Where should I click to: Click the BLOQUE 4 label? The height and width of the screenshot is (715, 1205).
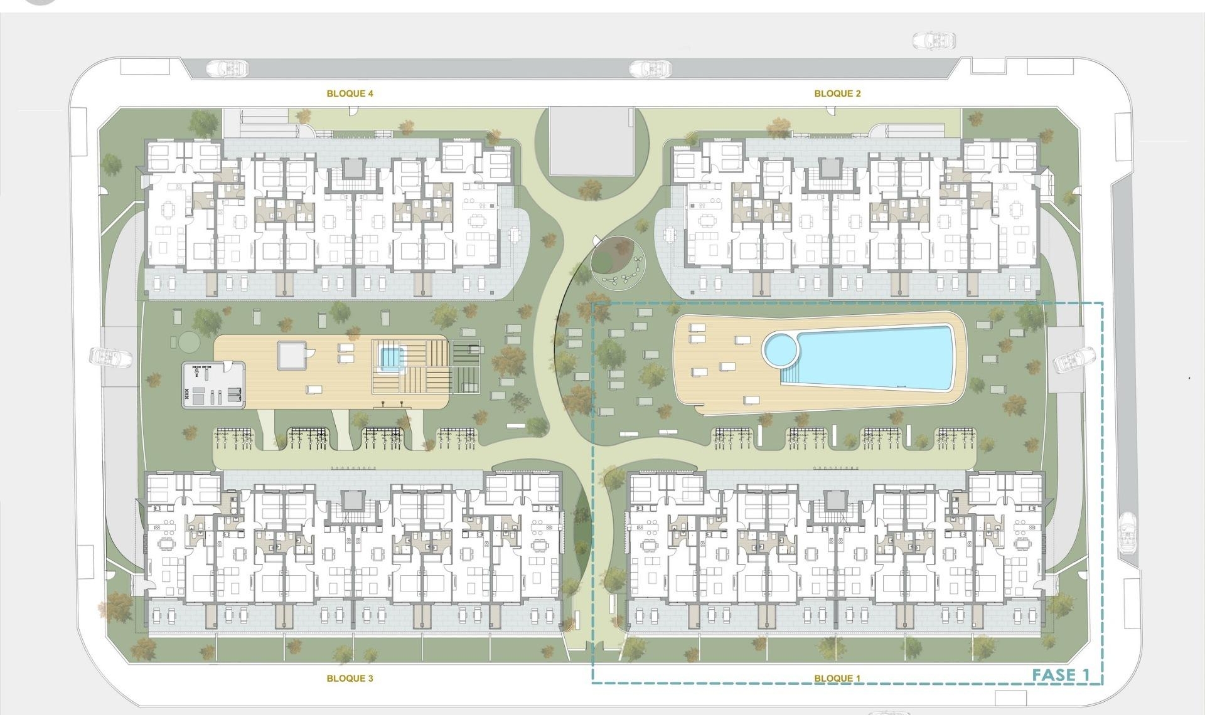click(x=350, y=93)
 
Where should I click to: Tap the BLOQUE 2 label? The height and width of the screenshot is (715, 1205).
click(x=837, y=93)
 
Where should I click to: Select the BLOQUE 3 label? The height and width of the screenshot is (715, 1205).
click(x=350, y=678)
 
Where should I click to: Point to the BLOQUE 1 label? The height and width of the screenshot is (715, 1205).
click(x=837, y=678)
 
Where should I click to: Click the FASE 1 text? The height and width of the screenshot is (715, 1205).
click(x=1061, y=675)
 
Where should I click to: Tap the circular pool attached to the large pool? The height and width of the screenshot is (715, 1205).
click(x=780, y=349)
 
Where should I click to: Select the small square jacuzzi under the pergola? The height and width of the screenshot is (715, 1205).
click(x=390, y=358)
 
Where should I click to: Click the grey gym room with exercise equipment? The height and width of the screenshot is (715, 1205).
click(x=213, y=384)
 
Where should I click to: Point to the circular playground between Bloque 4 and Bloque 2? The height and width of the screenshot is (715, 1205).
click(x=618, y=263)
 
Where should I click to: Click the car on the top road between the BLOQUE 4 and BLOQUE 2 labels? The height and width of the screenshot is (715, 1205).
click(x=650, y=68)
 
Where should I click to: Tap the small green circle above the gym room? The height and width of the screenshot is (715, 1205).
click(x=188, y=342)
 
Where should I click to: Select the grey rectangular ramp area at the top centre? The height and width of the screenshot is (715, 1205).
click(x=591, y=141)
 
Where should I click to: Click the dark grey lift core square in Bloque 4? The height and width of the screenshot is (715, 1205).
click(x=353, y=168)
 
